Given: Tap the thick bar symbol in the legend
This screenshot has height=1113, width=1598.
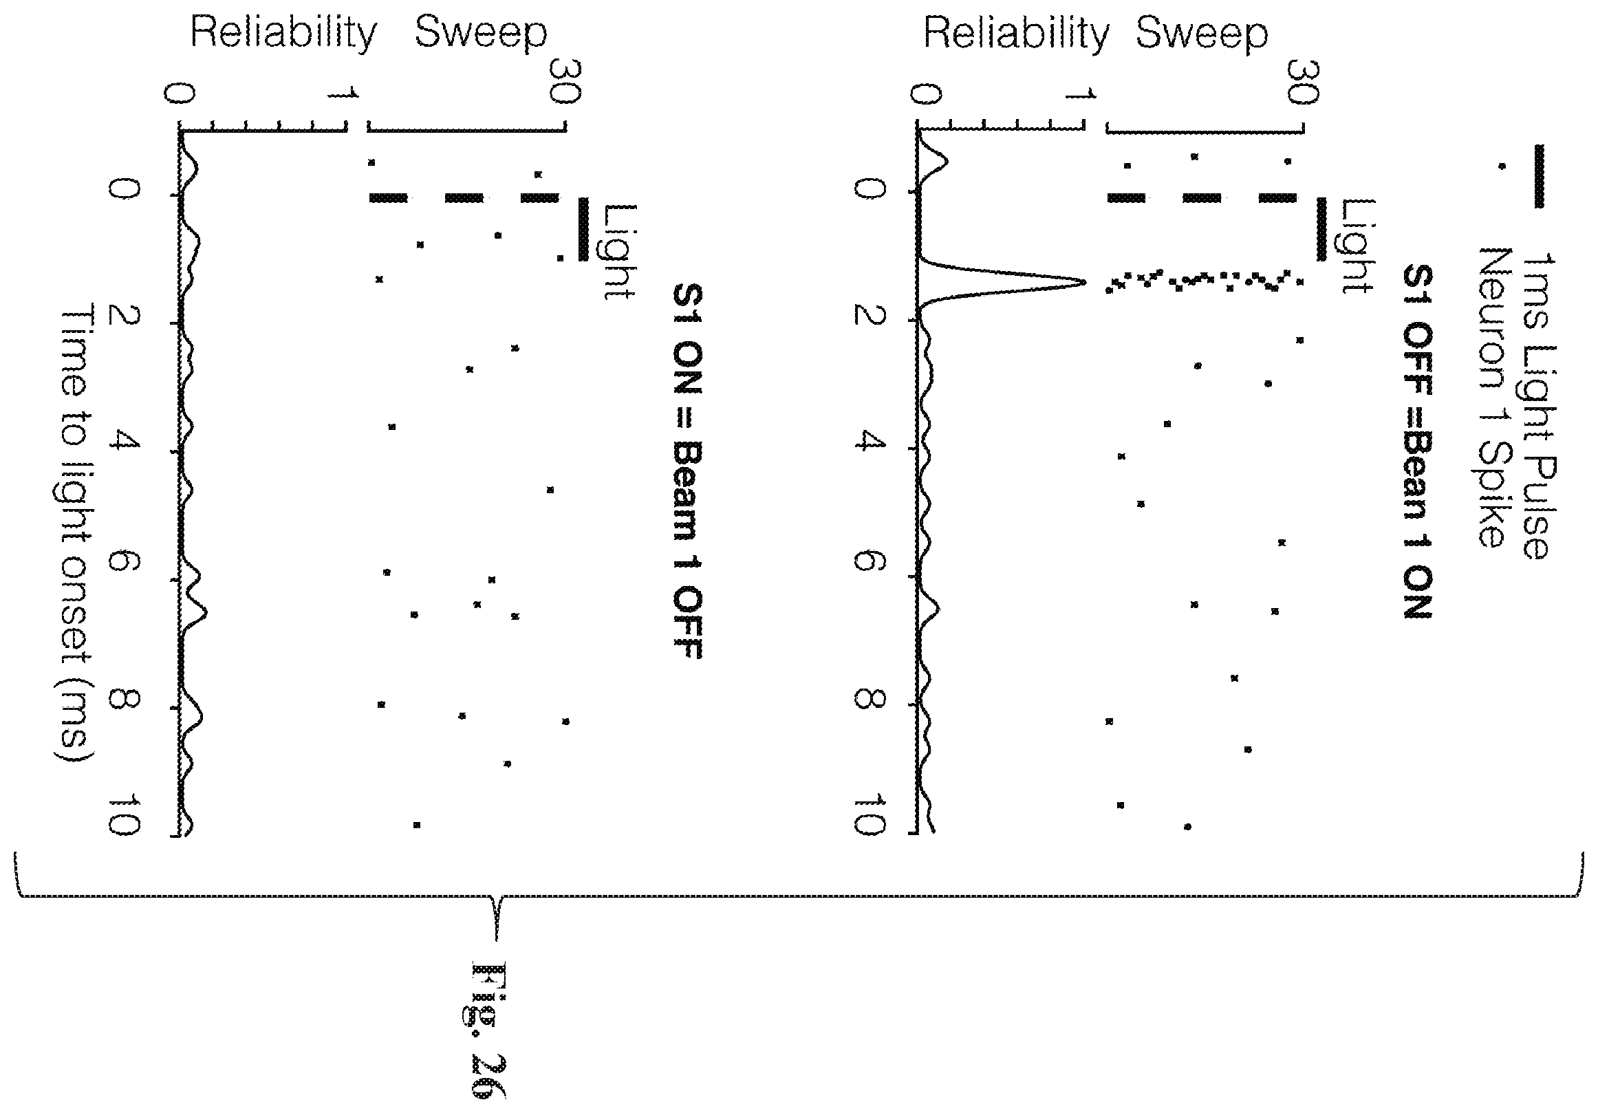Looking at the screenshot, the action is point(1539,176).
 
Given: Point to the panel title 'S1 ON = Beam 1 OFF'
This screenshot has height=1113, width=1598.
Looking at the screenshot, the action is point(687,471).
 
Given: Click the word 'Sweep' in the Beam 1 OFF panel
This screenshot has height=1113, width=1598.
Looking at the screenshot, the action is point(481,33).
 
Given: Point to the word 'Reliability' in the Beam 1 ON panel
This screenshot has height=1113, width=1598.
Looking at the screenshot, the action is point(1016,33).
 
